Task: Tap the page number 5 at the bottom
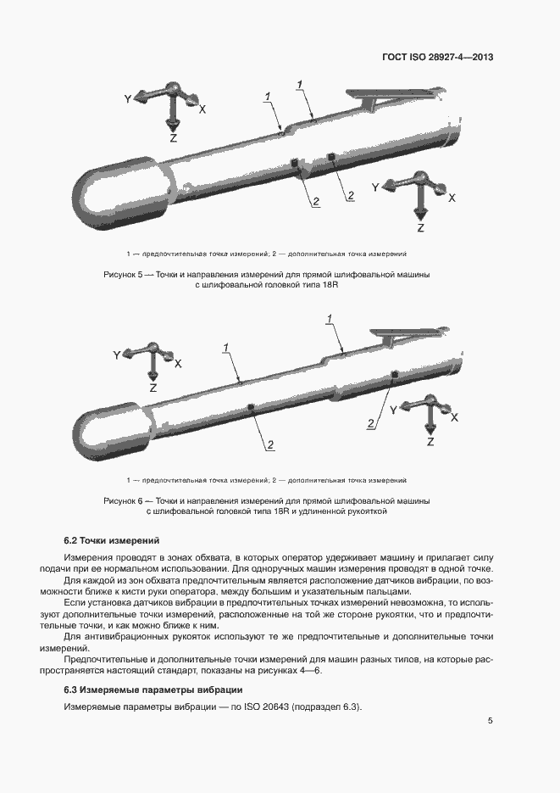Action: [x=491, y=721]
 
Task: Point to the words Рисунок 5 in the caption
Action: [x=124, y=276]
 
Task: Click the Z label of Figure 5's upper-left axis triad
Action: [x=174, y=137]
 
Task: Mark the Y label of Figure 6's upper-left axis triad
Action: [x=117, y=355]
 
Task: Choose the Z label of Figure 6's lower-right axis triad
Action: [x=430, y=442]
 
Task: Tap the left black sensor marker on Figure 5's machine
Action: [x=295, y=163]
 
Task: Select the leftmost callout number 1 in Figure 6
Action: [x=226, y=348]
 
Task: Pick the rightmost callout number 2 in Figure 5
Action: [x=350, y=196]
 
